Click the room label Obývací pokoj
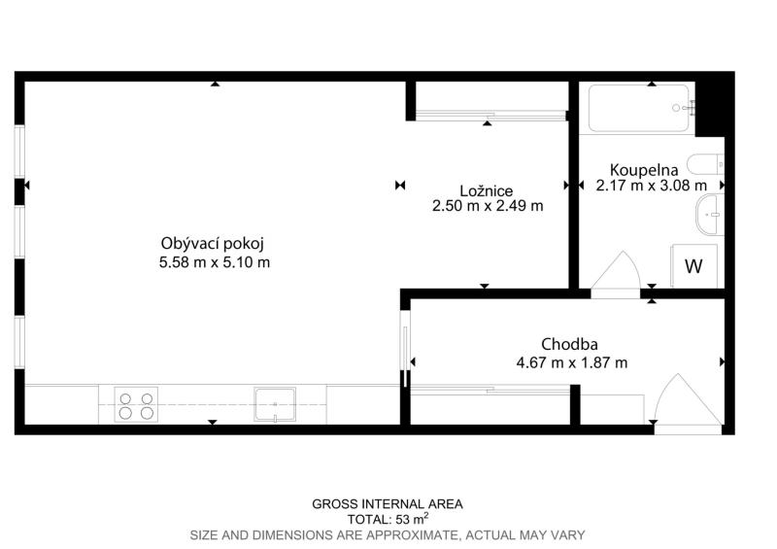[x=213, y=244]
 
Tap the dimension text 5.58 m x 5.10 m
[x=215, y=261]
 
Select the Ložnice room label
[x=487, y=190]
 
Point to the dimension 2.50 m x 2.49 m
[x=488, y=205]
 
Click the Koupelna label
[x=644, y=170]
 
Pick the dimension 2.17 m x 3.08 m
[x=651, y=186]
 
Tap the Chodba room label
[x=569, y=344]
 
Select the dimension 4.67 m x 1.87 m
[x=572, y=362]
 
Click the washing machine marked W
[x=693, y=266]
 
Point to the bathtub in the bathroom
[x=638, y=108]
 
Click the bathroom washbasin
[x=710, y=214]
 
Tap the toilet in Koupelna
[x=705, y=164]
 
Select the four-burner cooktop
[x=136, y=405]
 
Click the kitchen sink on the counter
[x=275, y=404]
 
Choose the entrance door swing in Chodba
[x=688, y=399]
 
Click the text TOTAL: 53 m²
[x=388, y=519]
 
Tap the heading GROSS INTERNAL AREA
[x=388, y=504]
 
